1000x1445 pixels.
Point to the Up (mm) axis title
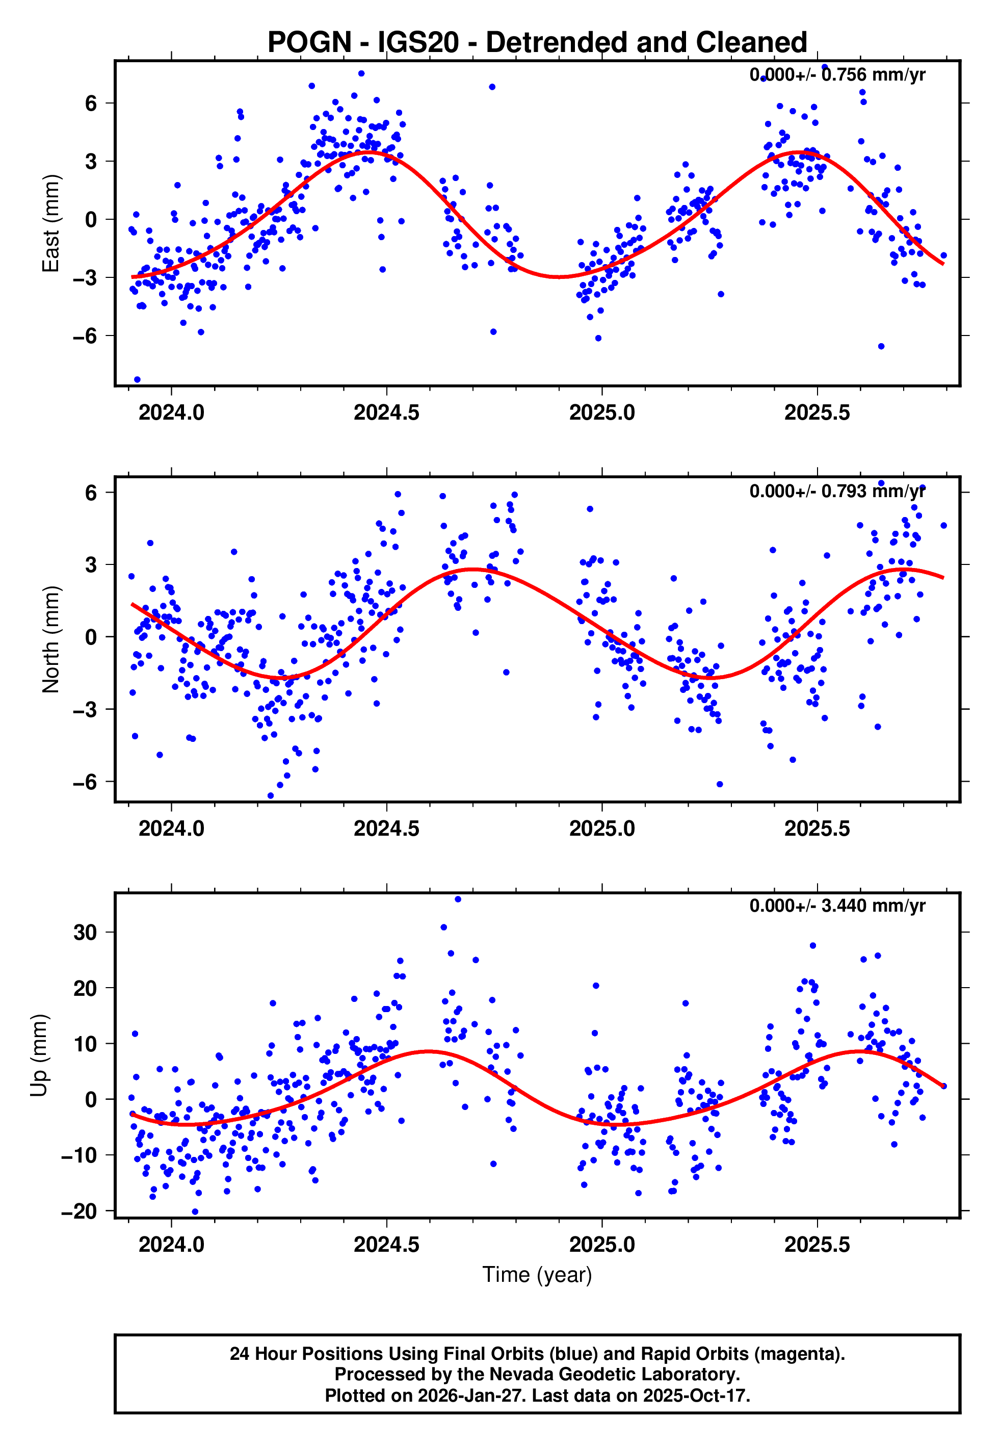point(39,1055)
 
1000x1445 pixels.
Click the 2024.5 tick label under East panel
point(386,412)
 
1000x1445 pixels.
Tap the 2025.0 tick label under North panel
point(601,829)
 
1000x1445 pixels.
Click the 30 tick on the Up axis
point(85,933)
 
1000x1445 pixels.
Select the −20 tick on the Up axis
point(79,1211)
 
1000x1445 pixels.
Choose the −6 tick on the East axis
point(85,336)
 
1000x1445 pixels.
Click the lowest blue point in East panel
point(137,379)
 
